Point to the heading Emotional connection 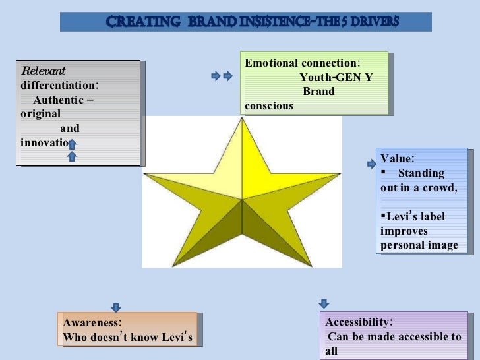pos(302,63)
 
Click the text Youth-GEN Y pos(336,77)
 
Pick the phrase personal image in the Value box pos(419,245)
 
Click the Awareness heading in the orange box pos(92,322)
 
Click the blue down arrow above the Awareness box pos(115,307)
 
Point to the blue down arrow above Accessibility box pos(324,303)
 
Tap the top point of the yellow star pos(243,120)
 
